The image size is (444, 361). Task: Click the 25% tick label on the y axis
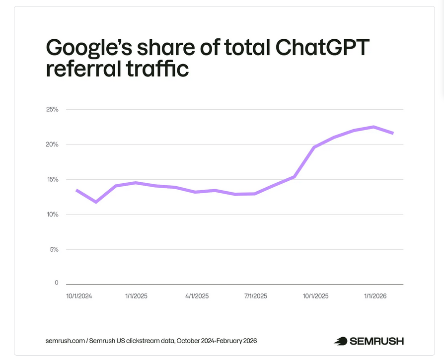[52, 109]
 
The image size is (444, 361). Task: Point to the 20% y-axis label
[52, 144]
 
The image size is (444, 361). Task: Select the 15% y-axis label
[52, 179]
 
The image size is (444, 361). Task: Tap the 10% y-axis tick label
[52, 215]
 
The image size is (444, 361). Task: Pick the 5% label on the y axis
[54, 250]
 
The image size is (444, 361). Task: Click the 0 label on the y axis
[56, 283]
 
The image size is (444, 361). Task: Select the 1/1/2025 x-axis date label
[136, 296]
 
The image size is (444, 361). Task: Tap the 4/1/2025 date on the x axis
[197, 296]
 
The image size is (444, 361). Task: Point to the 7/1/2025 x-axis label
[255, 296]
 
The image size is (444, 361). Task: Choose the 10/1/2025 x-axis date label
[315, 296]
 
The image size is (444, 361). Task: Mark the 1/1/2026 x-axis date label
[375, 296]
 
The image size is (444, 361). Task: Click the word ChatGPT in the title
[316, 48]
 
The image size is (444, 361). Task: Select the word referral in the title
[80, 69]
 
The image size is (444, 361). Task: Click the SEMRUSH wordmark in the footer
[376, 341]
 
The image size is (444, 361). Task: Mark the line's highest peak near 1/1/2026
[373, 127]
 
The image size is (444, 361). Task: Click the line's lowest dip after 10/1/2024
[96, 202]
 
